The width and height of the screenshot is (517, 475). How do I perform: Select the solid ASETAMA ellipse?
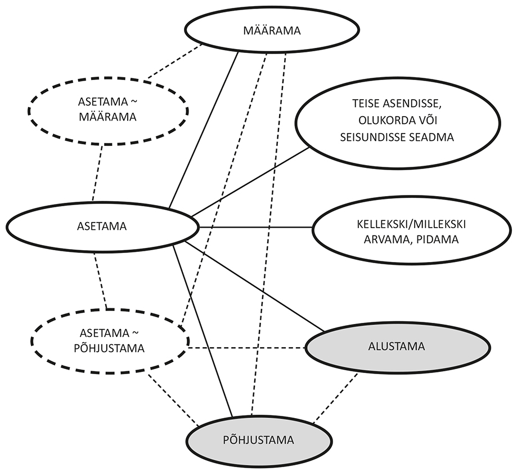coord(102,227)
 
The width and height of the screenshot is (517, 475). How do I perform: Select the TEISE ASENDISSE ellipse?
coord(397,129)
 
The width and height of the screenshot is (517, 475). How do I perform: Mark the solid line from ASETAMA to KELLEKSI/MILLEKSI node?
coord(256,227)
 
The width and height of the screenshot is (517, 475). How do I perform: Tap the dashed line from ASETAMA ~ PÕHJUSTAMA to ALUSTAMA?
coord(248,348)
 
